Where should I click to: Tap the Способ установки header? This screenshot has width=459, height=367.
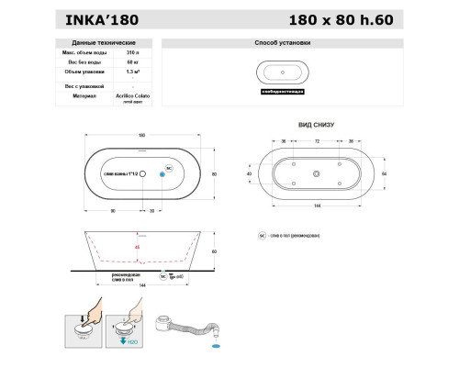coord(282,43)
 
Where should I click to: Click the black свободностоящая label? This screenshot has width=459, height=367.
coord(282,93)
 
